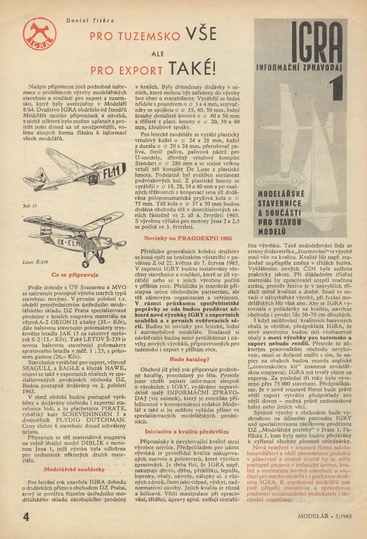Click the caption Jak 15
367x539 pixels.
pos(29,205)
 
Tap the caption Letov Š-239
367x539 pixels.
pos(35,262)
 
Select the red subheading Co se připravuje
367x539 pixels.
pos(75,275)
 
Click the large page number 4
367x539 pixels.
pos(26,516)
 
